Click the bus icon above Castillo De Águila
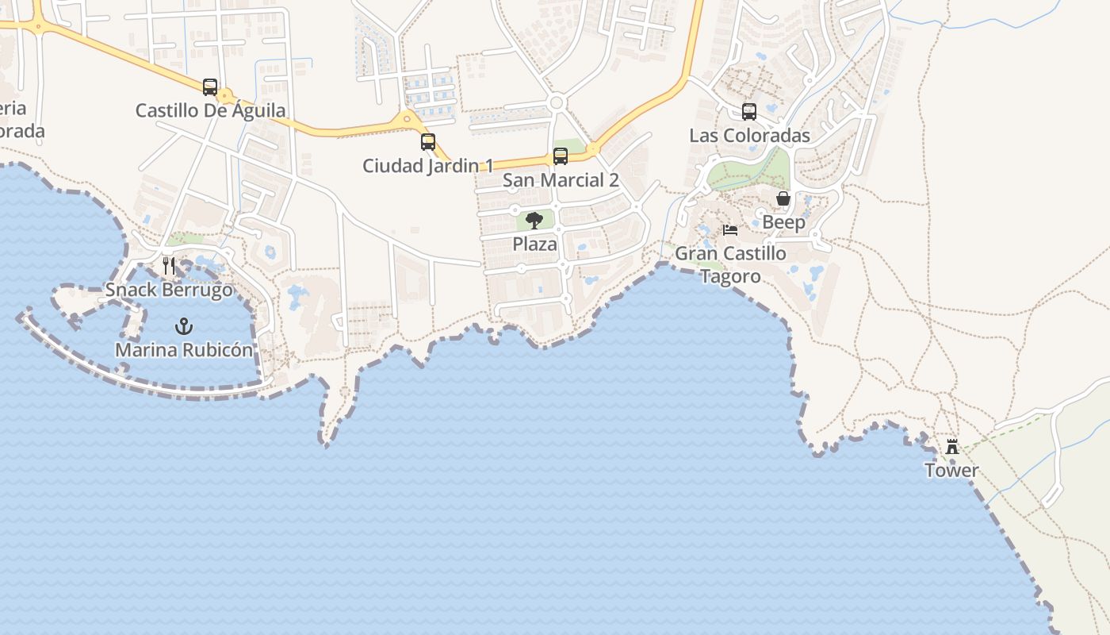[x=210, y=87]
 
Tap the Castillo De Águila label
[x=210, y=110]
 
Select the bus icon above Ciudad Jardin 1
[x=428, y=142]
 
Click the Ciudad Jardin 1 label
[x=428, y=166]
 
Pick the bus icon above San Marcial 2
[x=561, y=156]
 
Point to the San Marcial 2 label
[x=561, y=180]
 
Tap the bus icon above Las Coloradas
[x=749, y=112]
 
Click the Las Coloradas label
[x=749, y=136]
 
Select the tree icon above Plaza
[x=534, y=220]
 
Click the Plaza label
[x=534, y=244]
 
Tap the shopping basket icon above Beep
[x=783, y=198]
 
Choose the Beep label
[x=783, y=222]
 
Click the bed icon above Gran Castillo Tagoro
[x=730, y=230]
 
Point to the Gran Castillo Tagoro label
[x=730, y=265]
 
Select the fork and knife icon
[x=169, y=266]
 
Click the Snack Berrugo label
[x=169, y=290]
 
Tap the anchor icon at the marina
[x=184, y=326]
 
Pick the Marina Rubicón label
[x=184, y=350]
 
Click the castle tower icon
[x=952, y=447]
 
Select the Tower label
[x=951, y=471]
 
